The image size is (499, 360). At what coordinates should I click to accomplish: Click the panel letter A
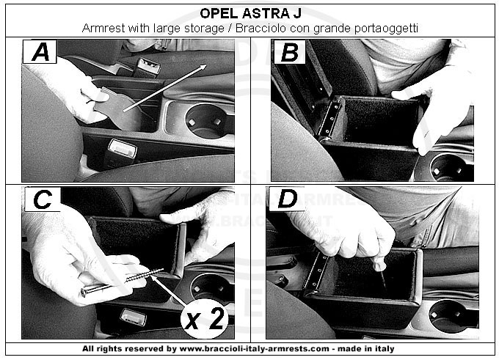[40, 52]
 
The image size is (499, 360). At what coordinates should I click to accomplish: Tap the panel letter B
[290, 52]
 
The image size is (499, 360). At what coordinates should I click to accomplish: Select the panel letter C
[43, 199]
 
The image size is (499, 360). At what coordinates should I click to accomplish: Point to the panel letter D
[288, 199]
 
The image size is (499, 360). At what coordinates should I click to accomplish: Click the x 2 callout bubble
[204, 319]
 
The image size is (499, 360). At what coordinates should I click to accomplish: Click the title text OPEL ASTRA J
[250, 14]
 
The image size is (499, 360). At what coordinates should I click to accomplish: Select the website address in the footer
[255, 348]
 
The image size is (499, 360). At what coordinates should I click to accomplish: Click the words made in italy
[366, 348]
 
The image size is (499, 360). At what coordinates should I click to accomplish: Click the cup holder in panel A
[205, 122]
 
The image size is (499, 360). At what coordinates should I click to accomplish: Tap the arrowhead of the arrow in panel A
[203, 67]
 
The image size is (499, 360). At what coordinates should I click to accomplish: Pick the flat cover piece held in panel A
[117, 108]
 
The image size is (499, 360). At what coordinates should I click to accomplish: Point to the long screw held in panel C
[123, 282]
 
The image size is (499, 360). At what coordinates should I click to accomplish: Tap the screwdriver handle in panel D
[379, 262]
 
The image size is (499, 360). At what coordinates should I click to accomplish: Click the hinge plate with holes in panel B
[331, 118]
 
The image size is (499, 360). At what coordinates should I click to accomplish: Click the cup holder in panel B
[449, 167]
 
